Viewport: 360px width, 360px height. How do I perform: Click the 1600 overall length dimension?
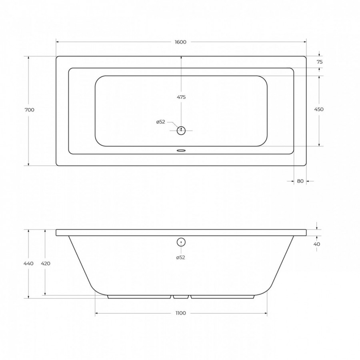[180, 42]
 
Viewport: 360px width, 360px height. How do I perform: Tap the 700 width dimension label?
[29, 110]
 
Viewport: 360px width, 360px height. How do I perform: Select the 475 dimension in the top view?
[181, 97]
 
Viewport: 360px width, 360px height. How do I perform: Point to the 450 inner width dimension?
[319, 109]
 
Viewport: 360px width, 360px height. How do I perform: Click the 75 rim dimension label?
[320, 62]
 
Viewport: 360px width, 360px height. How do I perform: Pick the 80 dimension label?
[300, 181]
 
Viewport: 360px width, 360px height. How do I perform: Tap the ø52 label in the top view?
[161, 122]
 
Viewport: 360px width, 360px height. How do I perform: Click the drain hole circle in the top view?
[181, 131]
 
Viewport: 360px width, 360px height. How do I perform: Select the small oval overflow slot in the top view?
[181, 151]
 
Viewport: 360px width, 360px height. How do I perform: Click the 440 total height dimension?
[28, 263]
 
